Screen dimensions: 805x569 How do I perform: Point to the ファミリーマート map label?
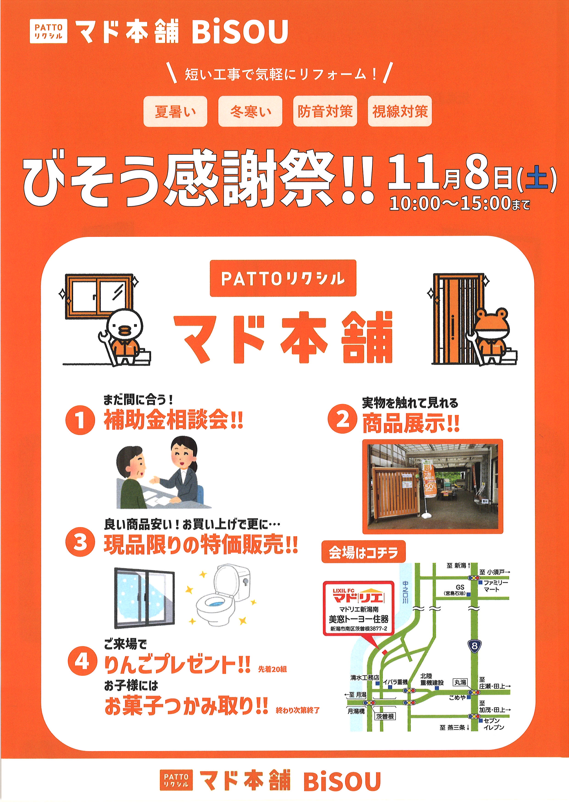(495, 586)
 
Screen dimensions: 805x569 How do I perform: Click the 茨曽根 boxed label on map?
(385, 716)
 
